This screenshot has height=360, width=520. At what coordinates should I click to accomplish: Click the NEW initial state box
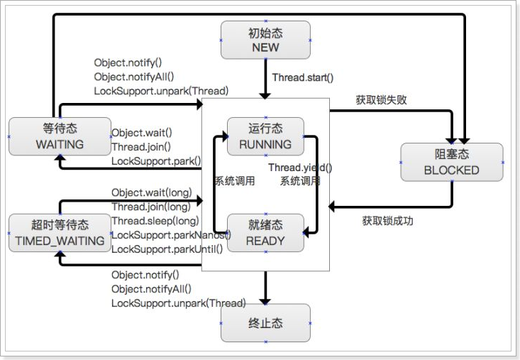coord(265,40)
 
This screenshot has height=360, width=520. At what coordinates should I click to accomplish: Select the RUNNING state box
coord(265,136)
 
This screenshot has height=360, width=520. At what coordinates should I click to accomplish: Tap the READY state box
coord(265,232)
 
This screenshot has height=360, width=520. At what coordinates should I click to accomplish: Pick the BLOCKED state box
coord(451,162)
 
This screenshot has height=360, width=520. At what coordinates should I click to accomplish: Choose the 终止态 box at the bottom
coord(265,323)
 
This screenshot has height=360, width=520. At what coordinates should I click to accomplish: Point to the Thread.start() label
coord(303,78)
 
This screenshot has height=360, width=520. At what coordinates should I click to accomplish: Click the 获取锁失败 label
coord(381,100)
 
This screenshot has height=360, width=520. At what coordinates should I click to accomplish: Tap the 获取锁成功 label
coord(387,221)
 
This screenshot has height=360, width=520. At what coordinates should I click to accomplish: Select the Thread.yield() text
coord(299,168)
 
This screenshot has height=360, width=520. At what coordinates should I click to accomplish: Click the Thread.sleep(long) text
coord(155,221)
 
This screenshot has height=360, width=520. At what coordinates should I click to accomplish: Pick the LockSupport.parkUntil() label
coord(167,249)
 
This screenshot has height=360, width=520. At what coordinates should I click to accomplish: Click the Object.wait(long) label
coord(151,192)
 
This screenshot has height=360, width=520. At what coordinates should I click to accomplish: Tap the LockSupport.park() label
coord(156,161)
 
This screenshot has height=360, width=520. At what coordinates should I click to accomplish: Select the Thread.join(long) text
coord(150,207)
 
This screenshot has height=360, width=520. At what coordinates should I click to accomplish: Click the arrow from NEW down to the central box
coord(265,78)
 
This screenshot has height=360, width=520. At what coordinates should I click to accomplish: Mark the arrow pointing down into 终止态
coord(265,288)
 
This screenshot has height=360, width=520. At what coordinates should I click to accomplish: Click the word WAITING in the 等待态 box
coord(60,144)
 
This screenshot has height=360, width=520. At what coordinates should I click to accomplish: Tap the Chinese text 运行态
coord(265,129)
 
